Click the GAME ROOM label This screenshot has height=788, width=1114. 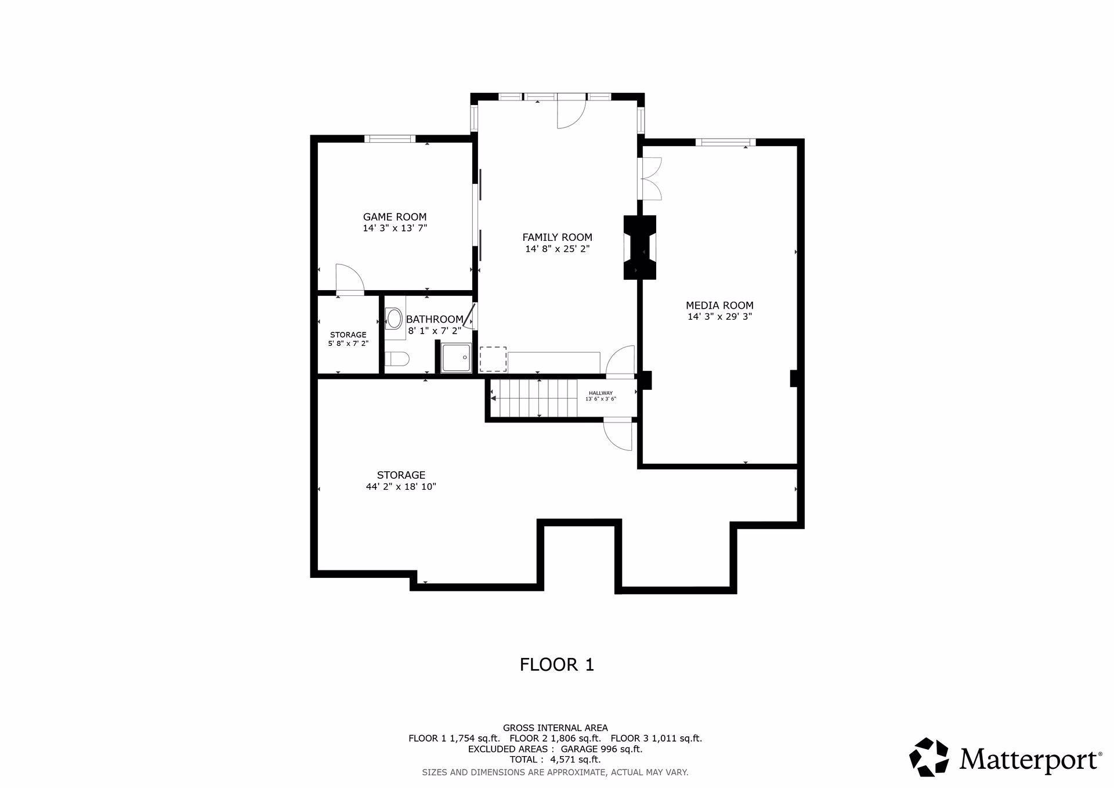[x=395, y=217]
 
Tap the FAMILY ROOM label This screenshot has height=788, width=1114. [x=557, y=237]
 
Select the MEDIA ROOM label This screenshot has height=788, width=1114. [x=719, y=305]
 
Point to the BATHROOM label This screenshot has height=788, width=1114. [x=435, y=319]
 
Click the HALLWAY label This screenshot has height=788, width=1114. [x=601, y=393]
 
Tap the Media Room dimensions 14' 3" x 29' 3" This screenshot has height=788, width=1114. [x=719, y=317]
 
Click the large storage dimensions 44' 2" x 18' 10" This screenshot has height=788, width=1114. [x=401, y=487]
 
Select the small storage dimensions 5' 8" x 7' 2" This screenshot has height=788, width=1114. [x=348, y=344]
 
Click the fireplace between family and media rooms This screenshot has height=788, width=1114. [x=640, y=247]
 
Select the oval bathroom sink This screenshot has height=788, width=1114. [x=394, y=319]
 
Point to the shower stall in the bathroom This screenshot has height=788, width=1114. [x=456, y=357]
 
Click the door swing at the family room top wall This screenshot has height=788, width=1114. [x=569, y=114]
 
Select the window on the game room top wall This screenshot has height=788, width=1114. [x=390, y=139]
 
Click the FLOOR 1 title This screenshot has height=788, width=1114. [x=557, y=664]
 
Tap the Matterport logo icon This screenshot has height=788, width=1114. [x=929, y=757]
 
